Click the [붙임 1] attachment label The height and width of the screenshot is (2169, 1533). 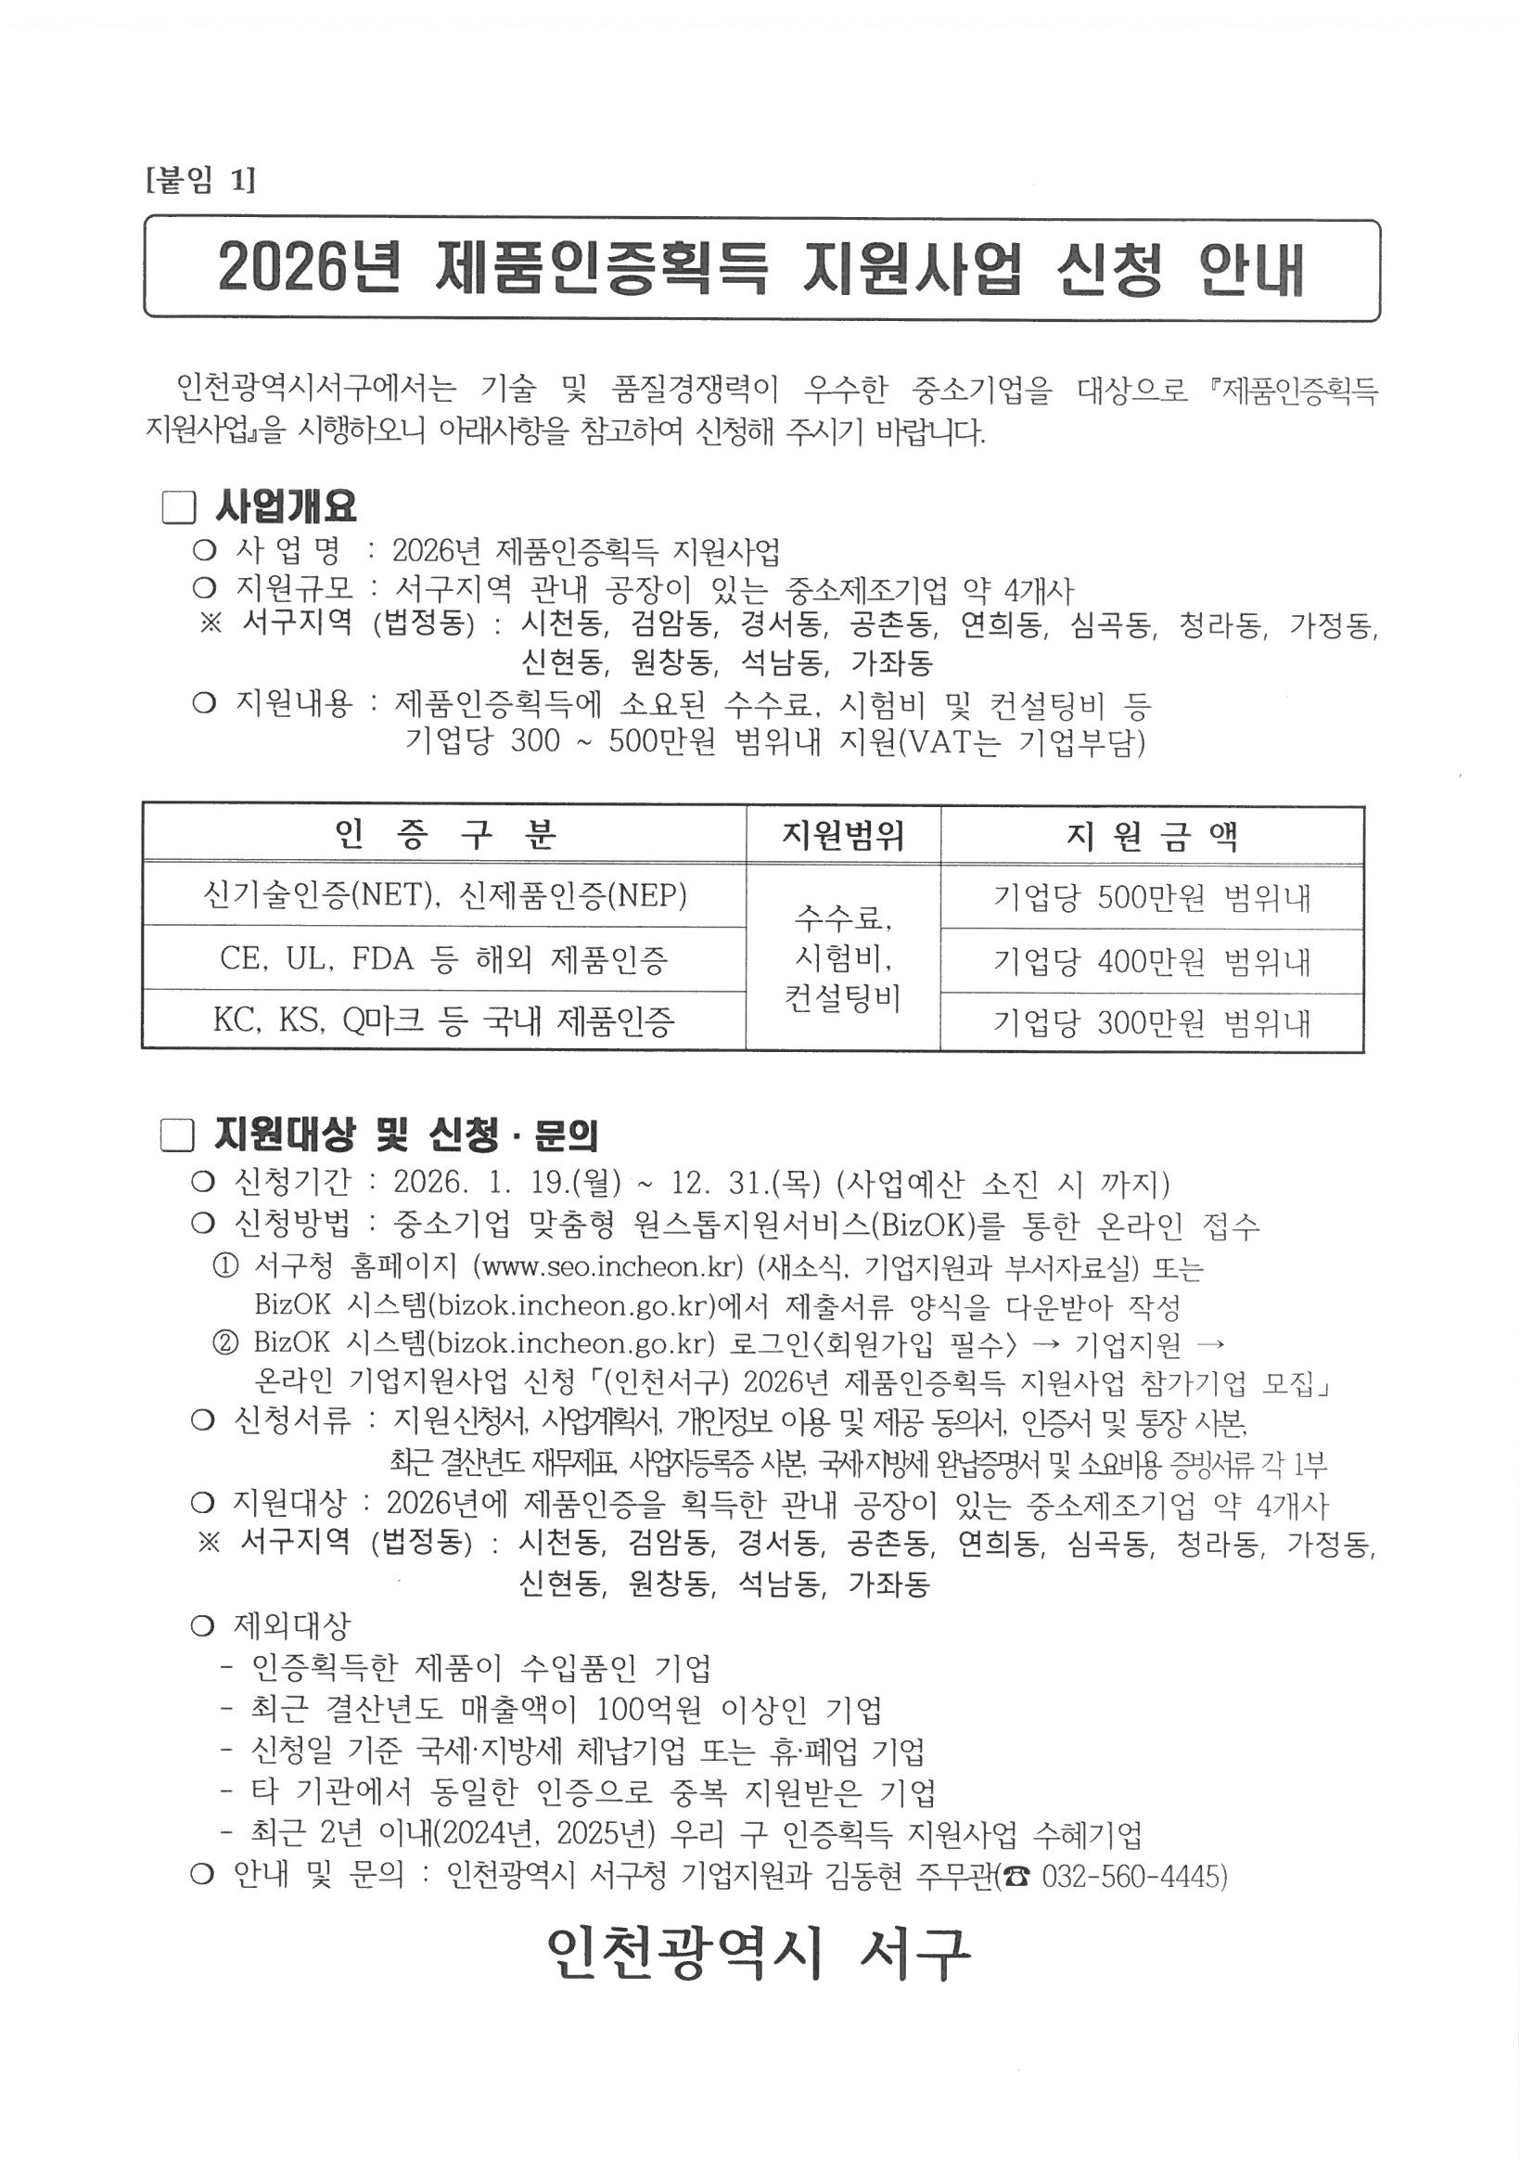pyautogui.click(x=200, y=180)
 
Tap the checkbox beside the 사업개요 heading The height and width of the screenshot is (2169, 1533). pyautogui.click(x=177, y=508)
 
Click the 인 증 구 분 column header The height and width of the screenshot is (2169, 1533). pyautogui.click(x=445, y=834)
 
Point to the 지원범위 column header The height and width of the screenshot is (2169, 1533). pyautogui.click(x=842, y=834)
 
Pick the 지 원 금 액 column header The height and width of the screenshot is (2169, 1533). pyautogui.click(x=1152, y=836)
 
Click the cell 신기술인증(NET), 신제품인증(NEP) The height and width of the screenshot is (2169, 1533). pyautogui.click(x=445, y=894)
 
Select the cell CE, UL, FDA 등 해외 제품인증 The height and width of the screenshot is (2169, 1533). pyautogui.click(x=445, y=959)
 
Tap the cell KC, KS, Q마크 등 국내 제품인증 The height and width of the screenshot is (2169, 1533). pyautogui.click(x=445, y=1020)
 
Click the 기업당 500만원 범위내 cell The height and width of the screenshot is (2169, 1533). pyautogui.click(x=1152, y=897)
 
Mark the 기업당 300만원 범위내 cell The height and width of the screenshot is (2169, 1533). pyautogui.click(x=1152, y=1023)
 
